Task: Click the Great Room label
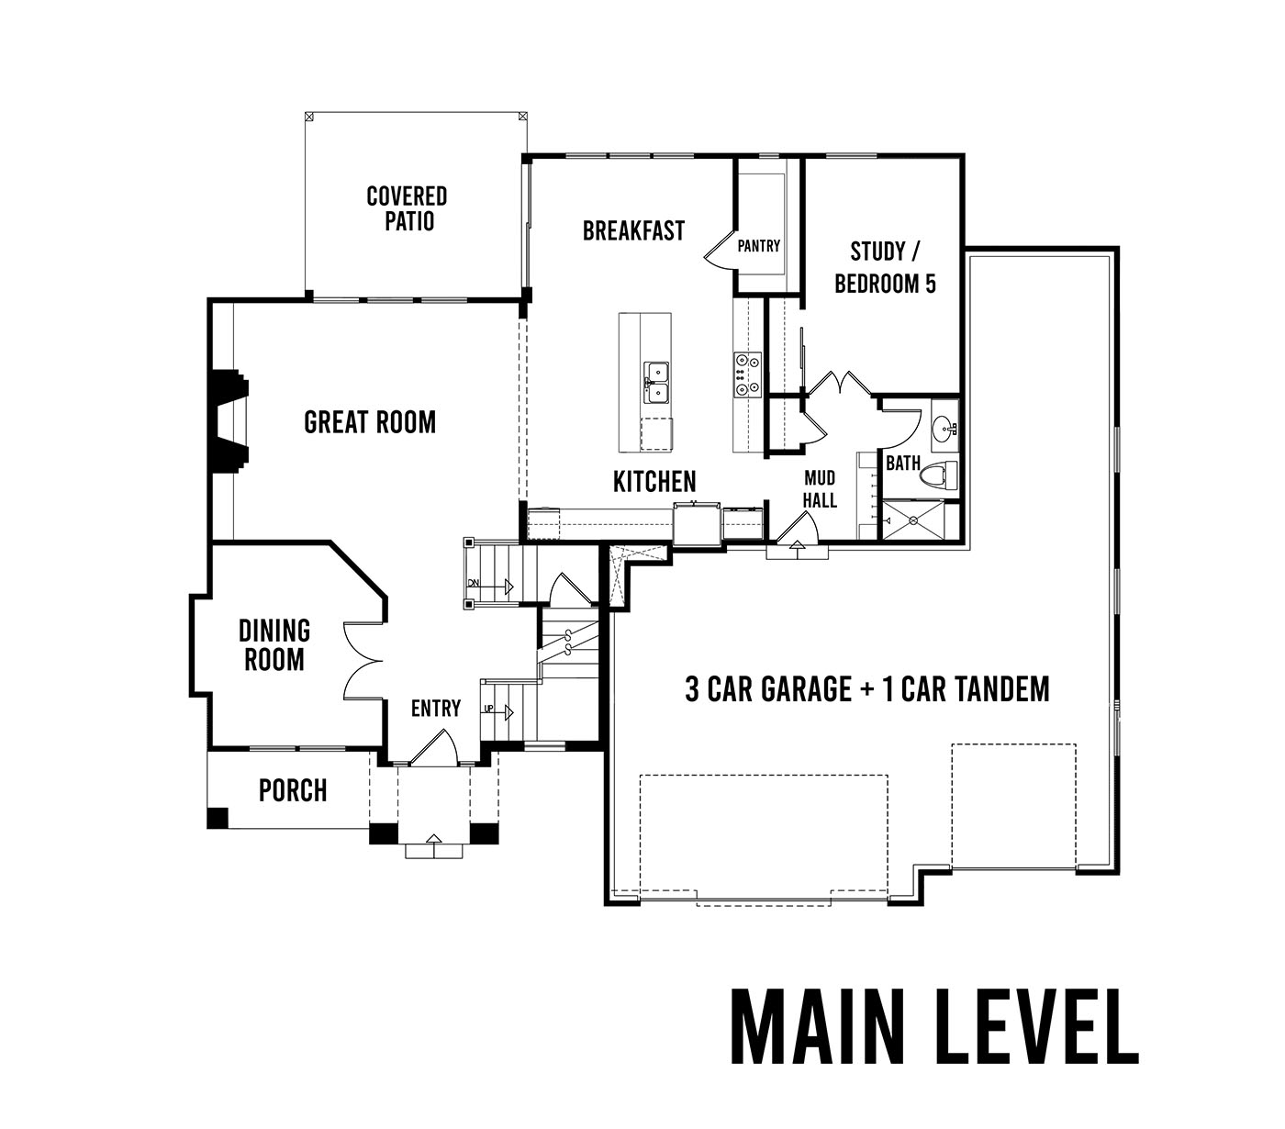click(370, 422)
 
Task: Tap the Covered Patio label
click(408, 208)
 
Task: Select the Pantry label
click(758, 245)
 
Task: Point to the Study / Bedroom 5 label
click(885, 268)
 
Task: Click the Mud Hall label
click(820, 489)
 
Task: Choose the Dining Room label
click(274, 645)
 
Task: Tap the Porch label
click(293, 790)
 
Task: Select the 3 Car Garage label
click(768, 689)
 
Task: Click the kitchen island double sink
click(656, 383)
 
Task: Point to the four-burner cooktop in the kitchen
click(747, 374)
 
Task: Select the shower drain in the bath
click(913, 520)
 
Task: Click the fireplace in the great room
click(229, 421)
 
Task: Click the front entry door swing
click(434, 746)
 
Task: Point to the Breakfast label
click(633, 231)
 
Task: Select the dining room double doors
click(363, 661)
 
